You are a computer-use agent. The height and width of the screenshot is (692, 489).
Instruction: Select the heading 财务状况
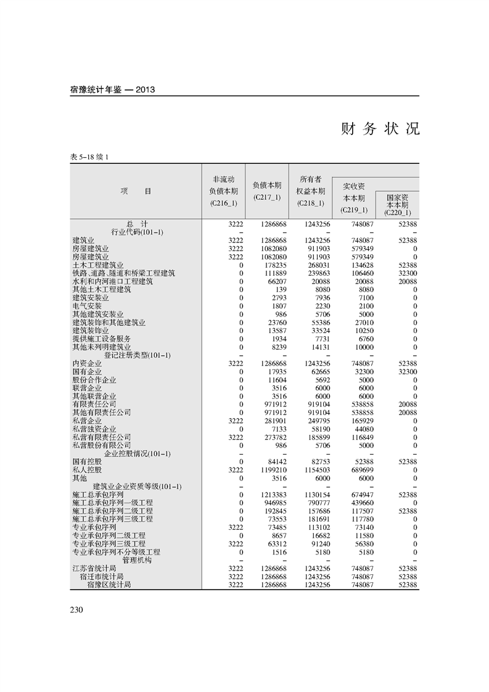coord(380,129)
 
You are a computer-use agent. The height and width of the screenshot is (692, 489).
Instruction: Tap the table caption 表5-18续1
coord(90,157)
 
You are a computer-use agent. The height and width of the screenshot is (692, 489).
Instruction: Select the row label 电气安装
coord(87,306)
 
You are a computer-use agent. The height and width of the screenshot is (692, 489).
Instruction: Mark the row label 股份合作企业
coord(94,380)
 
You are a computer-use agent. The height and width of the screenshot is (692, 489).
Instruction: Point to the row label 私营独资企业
coord(94,429)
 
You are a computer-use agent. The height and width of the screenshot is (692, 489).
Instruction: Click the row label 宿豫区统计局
coord(109,584)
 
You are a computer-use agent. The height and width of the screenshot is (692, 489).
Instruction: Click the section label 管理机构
coord(137,560)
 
